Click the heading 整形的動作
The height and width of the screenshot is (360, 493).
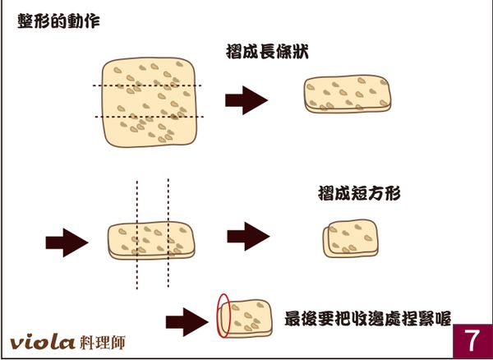(59, 22)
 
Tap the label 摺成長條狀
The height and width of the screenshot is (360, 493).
(267, 52)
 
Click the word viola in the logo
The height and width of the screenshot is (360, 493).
(43, 341)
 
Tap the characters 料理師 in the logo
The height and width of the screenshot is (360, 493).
(104, 341)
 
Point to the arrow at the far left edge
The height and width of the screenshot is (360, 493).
(63, 242)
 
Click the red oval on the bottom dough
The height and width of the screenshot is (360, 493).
(223, 316)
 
